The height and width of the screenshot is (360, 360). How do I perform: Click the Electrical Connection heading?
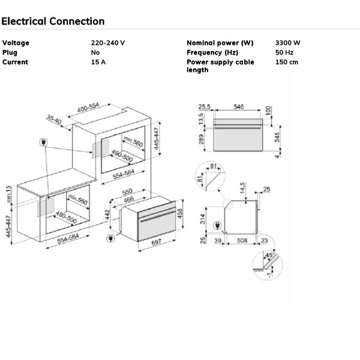coord(53,22)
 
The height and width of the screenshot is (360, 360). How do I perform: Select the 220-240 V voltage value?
coord(108,43)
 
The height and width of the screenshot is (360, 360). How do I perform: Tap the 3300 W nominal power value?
coord(288,43)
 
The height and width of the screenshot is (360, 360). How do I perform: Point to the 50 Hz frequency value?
coord(284,53)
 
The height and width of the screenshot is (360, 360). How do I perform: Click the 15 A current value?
coord(98,62)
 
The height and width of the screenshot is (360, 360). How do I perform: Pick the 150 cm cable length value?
coord(287,62)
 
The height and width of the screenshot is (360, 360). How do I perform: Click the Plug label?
coord(10,53)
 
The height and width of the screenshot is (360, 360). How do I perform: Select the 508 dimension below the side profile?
coord(242,241)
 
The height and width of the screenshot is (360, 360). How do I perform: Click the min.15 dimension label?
coord(8,193)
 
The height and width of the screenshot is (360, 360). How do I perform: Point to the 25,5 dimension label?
coord(205,106)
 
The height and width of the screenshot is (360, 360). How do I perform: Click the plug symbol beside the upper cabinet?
coord(43,143)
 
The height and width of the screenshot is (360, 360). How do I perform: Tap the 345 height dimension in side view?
coord(277,137)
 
